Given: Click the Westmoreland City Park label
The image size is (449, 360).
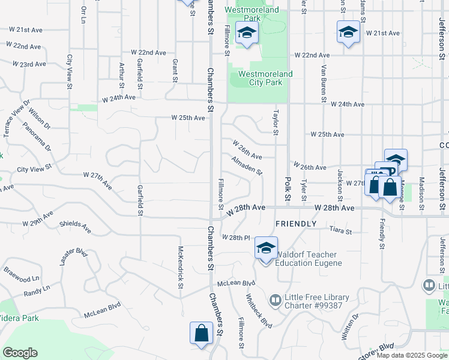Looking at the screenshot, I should (x=265, y=78).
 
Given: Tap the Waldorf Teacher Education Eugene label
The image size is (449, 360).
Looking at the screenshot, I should (x=309, y=259).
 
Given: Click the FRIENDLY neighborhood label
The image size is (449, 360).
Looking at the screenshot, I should (x=295, y=224).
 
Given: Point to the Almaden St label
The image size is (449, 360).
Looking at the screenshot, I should (x=247, y=166).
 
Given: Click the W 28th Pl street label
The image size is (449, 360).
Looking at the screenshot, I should (x=235, y=238).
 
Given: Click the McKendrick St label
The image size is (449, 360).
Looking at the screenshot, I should (x=179, y=267).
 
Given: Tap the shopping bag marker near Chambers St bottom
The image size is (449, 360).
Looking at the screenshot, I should (x=201, y=333).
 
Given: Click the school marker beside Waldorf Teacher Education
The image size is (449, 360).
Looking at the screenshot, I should (x=266, y=247).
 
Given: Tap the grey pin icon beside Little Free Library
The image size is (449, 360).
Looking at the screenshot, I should (x=276, y=298).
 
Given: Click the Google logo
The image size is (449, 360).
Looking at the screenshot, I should (x=20, y=352).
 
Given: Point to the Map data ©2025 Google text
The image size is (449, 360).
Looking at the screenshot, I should (x=411, y=355).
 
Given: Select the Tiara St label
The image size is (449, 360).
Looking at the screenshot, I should (x=340, y=230).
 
